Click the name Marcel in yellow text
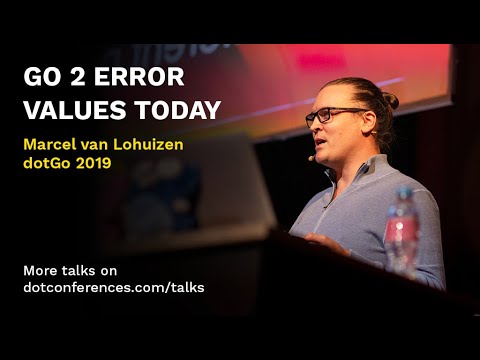pyautogui.click(x=52, y=143)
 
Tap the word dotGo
pyautogui.click(x=49, y=163)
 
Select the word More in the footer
pyautogui.click(x=41, y=269)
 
